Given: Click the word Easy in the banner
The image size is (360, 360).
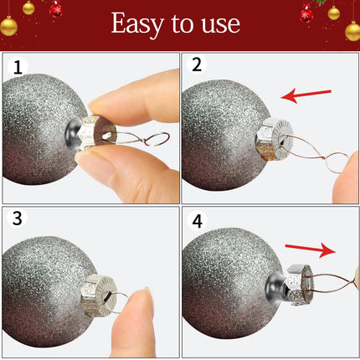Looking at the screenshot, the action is pyautogui.click(x=137, y=24).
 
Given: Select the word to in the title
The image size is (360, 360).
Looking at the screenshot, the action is pyautogui.click(x=183, y=23).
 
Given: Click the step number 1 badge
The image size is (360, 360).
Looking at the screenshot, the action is pyautogui.click(x=18, y=67).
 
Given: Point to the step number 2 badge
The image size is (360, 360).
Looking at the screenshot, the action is pyautogui.click(x=197, y=64).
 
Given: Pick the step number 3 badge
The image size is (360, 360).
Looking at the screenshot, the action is pyautogui.click(x=18, y=218).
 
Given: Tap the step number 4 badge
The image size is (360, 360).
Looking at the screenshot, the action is pyautogui.click(x=198, y=221).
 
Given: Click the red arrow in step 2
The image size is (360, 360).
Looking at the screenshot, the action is pyautogui.click(x=306, y=95).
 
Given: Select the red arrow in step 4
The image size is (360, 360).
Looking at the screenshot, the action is pyautogui.click(x=311, y=249).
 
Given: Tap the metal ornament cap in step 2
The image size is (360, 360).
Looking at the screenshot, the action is pyautogui.click(x=275, y=139).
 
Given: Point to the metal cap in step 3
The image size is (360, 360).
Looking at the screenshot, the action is pyautogui.click(x=99, y=296).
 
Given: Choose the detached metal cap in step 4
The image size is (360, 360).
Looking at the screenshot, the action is pyautogui.click(x=299, y=284).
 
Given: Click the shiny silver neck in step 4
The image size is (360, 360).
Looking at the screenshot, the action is pyautogui.click(x=275, y=287).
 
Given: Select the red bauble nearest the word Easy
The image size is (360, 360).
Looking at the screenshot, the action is pyautogui.click(x=56, y=9).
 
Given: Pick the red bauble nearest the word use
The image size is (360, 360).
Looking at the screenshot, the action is pyautogui.click(x=306, y=14).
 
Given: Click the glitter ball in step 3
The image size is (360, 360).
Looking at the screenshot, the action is pyautogui.click(x=48, y=291).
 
